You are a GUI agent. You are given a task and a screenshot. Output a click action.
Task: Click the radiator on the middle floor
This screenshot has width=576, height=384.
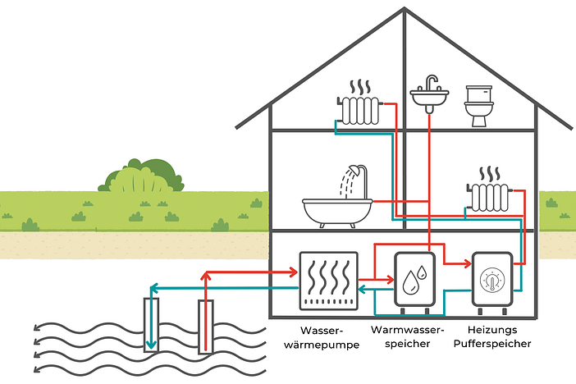click(x=490, y=196)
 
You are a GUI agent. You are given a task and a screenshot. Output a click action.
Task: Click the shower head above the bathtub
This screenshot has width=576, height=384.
click(x=354, y=171)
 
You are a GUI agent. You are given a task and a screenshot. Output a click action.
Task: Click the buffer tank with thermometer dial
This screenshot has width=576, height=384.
click(x=491, y=281)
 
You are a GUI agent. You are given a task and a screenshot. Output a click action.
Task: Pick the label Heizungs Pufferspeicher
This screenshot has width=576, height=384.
click(x=491, y=337)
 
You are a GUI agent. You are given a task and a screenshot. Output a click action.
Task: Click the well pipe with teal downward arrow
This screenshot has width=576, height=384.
click(x=151, y=324)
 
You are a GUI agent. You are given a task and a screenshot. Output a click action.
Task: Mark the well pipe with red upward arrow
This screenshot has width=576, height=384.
click(x=205, y=324)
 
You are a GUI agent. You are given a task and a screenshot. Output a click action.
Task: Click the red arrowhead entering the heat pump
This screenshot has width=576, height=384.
click(x=292, y=271)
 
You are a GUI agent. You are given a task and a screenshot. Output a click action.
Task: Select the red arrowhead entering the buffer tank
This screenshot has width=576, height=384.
click(x=467, y=264)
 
